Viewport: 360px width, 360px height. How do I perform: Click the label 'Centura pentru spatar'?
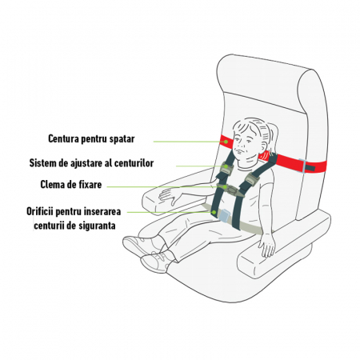[91, 138]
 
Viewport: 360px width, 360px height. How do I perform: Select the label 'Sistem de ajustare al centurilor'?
[91, 163]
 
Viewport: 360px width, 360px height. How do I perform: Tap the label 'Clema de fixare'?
[71, 185]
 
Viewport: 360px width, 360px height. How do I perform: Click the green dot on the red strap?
[226, 142]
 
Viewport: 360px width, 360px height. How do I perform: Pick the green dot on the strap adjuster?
[226, 166]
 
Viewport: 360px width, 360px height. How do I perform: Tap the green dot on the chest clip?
[226, 186]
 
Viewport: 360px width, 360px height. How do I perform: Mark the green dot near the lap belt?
[214, 212]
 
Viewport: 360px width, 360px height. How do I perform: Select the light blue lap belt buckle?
[224, 215]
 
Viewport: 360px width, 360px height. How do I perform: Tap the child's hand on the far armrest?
[170, 196]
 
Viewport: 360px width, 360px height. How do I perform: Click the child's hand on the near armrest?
[267, 245]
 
